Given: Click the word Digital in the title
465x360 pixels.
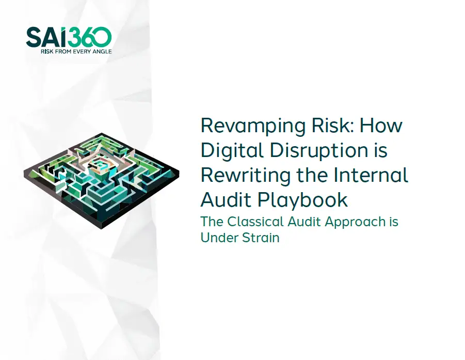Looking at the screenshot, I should pyautogui.click(x=229, y=150).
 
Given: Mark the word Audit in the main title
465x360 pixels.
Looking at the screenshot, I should pyautogui.click(x=225, y=199).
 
